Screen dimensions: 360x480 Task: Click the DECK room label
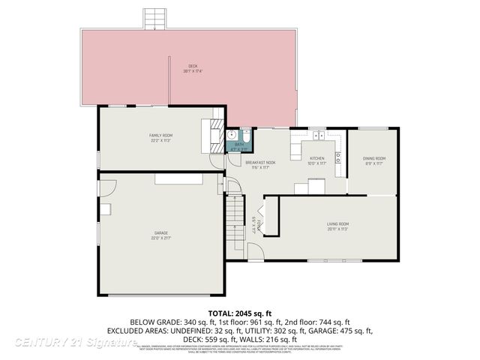tap(193, 66)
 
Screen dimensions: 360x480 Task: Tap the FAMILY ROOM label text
tap(160, 135)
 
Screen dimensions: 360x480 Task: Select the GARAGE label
tap(160, 233)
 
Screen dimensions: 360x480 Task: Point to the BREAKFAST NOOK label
tap(261, 163)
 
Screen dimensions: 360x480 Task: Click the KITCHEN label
tap(317, 157)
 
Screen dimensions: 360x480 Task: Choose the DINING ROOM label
tap(374, 158)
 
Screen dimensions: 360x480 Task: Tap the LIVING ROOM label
tap(337, 224)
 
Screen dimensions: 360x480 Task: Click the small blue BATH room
tap(239, 145)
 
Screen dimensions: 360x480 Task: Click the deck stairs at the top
tap(154, 16)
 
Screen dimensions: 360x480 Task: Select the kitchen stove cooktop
tap(337, 157)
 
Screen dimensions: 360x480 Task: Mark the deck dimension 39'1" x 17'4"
tap(193, 71)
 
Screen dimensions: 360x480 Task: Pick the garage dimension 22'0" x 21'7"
tap(160, 238)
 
